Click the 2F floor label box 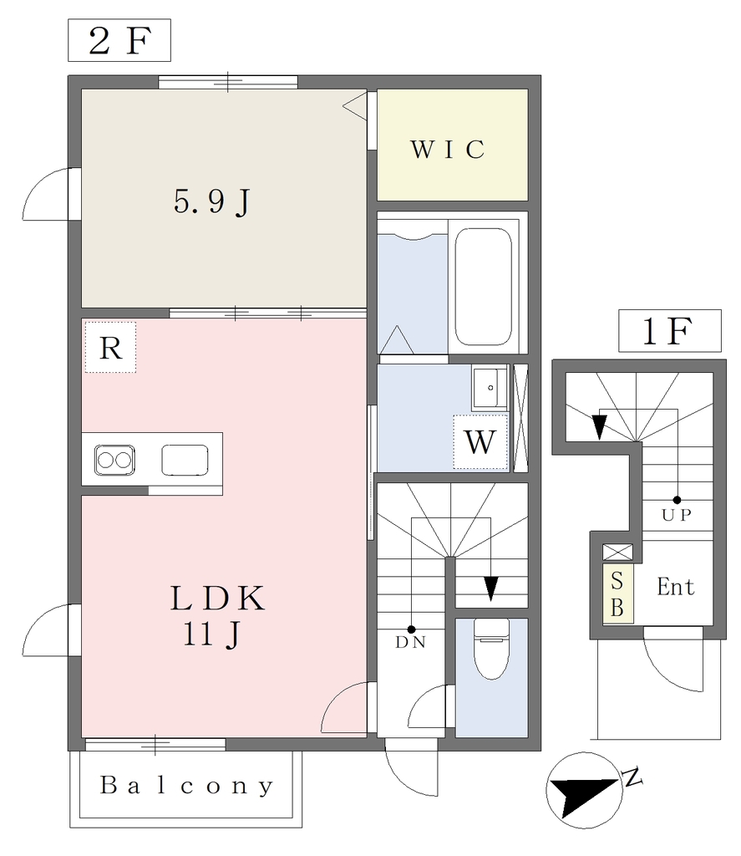[x=119, y=40]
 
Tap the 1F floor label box [x=669, y=331]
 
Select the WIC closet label [x=448, y=149]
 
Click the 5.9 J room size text [x=212, y=201]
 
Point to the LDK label [x=218, y=598]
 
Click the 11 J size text [x=211, y=634]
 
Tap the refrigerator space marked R [x=110, y=347]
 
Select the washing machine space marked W [x=480, y=441]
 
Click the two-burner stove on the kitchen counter [x=114, y=461]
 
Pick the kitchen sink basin [x=185, y=461]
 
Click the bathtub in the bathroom [x=484, y=287]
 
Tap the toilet [x=492, y=649]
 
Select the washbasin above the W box [x=490, y=388]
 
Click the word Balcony [x=186, y=786]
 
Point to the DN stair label [x=410, y=643]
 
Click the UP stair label [x=677, y=515]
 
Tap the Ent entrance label [x=676, y=587]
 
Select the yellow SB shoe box [x=617, y=594]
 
